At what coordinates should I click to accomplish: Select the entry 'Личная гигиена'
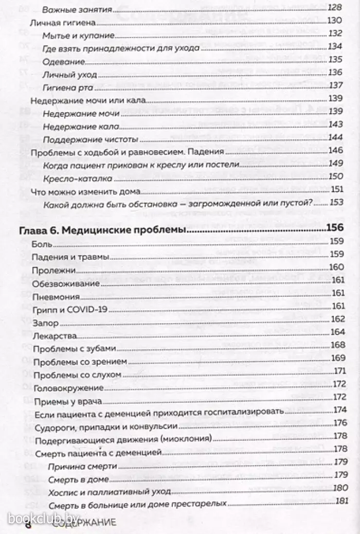pos(57,21)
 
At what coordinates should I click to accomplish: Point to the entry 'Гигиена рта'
pos(66,85)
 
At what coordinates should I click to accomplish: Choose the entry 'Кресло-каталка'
pos(71,176)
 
